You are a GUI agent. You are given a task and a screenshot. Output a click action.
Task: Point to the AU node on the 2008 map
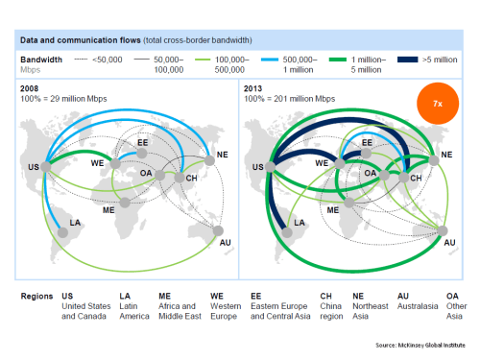[218, 230]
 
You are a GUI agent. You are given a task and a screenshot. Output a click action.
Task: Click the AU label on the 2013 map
[448, 245]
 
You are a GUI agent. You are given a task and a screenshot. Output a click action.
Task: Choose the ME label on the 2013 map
[332, 208]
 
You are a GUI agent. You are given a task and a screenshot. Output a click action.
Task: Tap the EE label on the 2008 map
[143, 142]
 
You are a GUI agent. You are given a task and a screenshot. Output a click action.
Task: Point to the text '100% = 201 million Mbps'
[289, 98]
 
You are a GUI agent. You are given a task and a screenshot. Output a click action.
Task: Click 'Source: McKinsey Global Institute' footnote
[420, 343]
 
